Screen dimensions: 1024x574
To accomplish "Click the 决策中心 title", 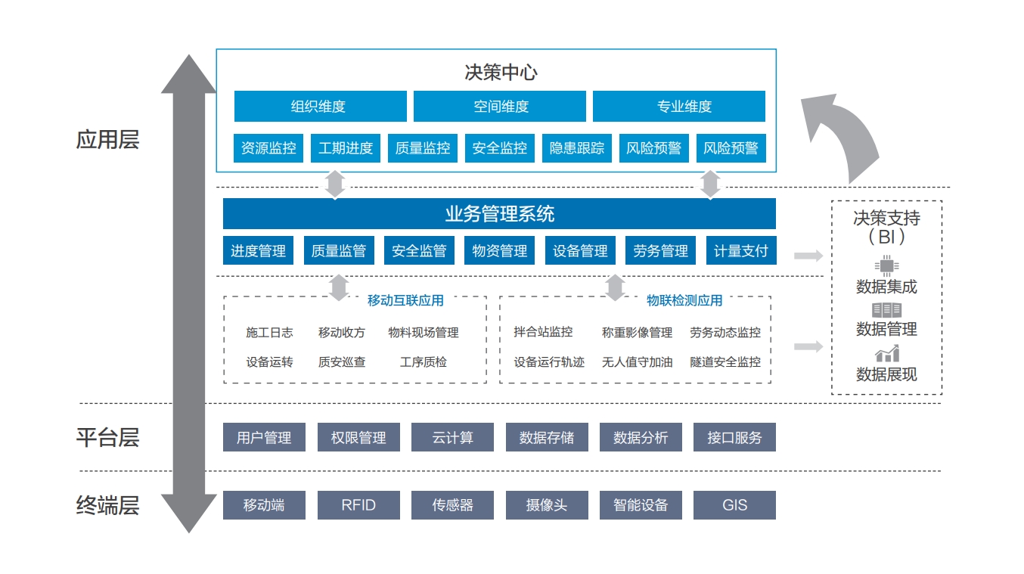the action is pyautogui.click(x=501, y=73).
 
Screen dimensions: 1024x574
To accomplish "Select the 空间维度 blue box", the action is pyautogui.click(x=500, y=106).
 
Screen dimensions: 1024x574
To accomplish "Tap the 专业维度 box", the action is pyautogui.click(x=679, y=106).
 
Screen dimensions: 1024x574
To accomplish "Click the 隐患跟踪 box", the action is pyautogui.click(x=577, y=147).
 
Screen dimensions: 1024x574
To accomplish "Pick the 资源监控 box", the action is pyautogui.click(x=268, y=147).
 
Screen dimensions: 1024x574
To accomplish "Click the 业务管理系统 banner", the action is pyautogui.click(x=499, y=213).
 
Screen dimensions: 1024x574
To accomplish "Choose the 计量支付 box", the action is pyautogui.click(x=741, y=250).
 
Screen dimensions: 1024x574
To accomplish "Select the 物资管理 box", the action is pyautogui.click(x=499, y=250).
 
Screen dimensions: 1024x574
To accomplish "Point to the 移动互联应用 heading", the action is pyautogui.click(x=405, y=300).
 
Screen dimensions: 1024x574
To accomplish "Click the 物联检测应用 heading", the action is pyautogui.click(x=684, y=300).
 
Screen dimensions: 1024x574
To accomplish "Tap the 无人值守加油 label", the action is pyautogui.click(x=637, y=362).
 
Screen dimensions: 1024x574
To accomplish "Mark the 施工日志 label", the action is pyautogui.click(x=269, y=332).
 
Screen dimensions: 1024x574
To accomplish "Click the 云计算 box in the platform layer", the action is pyautogui.click(x=452, y=437).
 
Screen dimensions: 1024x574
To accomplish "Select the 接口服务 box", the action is pyautogui.click(x=734, y=437).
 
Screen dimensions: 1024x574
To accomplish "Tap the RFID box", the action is pyautogui.click(x=359, y=505).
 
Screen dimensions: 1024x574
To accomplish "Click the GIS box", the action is pyautogui.click(x=734, y=505).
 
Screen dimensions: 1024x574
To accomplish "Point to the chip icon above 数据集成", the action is pyautogui.click(x=886, y=265).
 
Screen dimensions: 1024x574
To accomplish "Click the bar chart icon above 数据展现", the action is pyautogui.click(x=887, y=353).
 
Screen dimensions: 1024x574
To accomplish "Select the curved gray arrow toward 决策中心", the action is pyautogui.click(x=850, y=132).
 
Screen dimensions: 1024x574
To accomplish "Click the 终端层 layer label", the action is pyautogui.click(x=107, y=505).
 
